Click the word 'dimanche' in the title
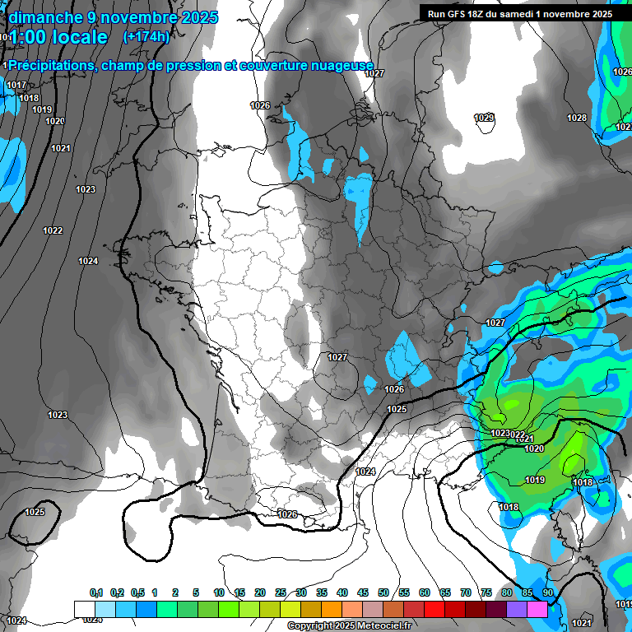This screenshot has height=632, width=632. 41,17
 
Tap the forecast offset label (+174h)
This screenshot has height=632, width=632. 146,36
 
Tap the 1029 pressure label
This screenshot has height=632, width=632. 484,118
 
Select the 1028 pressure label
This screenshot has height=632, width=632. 577,118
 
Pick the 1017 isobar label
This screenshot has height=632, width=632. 16,86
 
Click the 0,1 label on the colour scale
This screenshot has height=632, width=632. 96,593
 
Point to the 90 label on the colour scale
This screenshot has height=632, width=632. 547,593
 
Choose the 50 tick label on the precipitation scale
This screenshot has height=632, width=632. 383,593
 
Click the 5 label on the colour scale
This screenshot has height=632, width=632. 196,593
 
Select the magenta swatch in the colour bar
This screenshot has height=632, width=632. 537,609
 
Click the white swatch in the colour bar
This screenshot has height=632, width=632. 84,609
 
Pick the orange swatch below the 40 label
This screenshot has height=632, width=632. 331,609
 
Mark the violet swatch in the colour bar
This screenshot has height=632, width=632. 517,609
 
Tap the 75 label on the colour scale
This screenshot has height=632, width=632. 486,593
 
